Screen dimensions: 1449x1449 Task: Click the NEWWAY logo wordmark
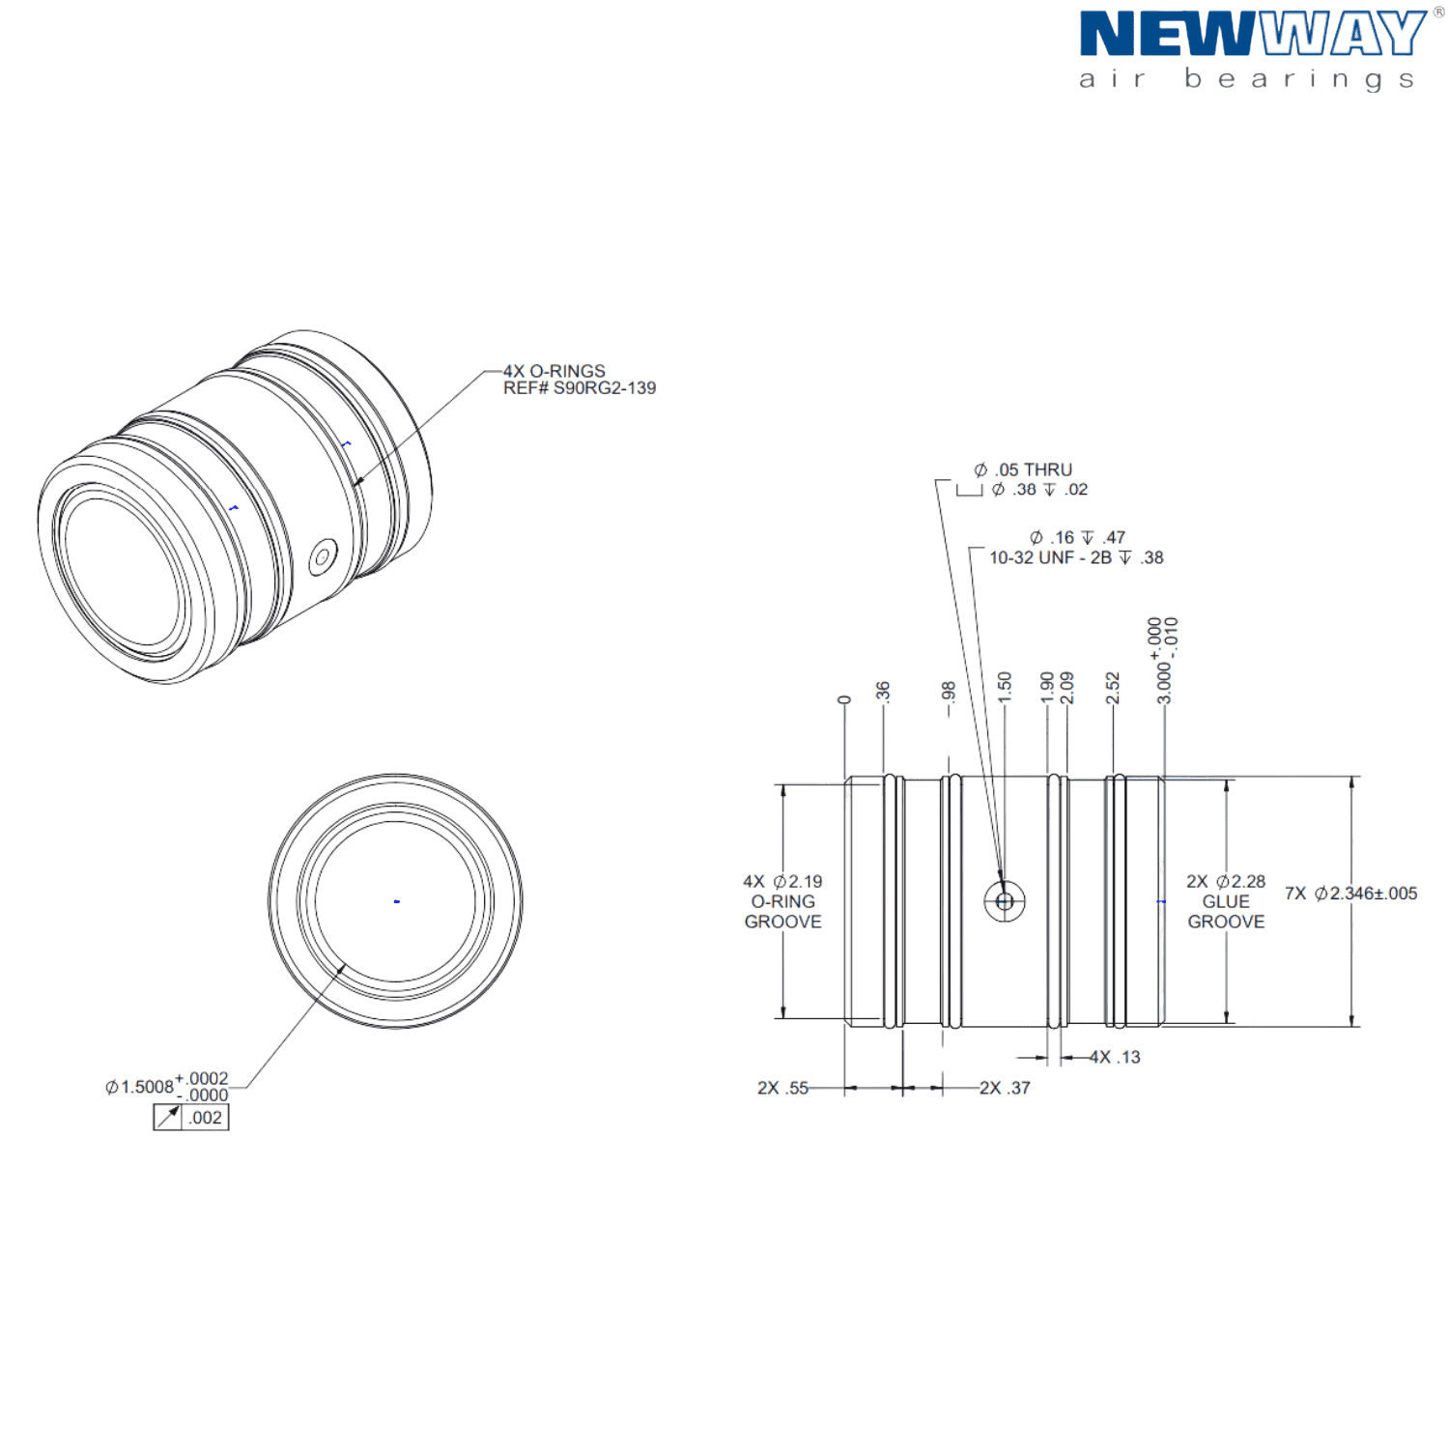pyautogui.click(x=1253, y=35)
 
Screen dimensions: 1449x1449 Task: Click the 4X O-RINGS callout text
pyautogui.click(x=554, y=371)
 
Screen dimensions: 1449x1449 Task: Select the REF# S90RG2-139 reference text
pyautogui.click(x=580, y=388)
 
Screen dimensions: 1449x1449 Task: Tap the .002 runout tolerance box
pyautogui.click(x=191, y=1118)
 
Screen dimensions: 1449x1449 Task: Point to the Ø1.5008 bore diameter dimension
pyautogui.click(x=167, y=1087)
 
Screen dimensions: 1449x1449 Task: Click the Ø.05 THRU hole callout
pyautogui.click(x=1023, y=470)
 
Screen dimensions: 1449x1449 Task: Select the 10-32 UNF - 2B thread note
pyautogui.click(x=1076, y=558)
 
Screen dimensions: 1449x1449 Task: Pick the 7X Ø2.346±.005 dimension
pyautogui.click(x=1351, y=894)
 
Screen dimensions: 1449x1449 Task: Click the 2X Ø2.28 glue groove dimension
pyautogui.click(x=1226, y=901)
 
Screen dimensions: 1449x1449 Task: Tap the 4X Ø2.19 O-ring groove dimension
pyautogui.click(x=783, y=901)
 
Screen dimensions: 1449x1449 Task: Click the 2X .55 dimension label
pyautogui.click(x=783, y=1088)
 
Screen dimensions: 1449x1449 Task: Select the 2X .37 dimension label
pyautogui.click(x=1006, y=1088)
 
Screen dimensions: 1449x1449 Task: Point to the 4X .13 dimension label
pyautogui.click(x=1116, y=1058)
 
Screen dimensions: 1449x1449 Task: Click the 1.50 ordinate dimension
pyautogui.click(x=1005, y=687)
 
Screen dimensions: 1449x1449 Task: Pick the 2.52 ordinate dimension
pyautogui.click(x=1113, y=687)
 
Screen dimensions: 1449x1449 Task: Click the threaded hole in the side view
pyautogui.click(x=1005, y=901)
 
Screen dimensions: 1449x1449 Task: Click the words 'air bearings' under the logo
pyautogui.click(x=1247, y=79)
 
